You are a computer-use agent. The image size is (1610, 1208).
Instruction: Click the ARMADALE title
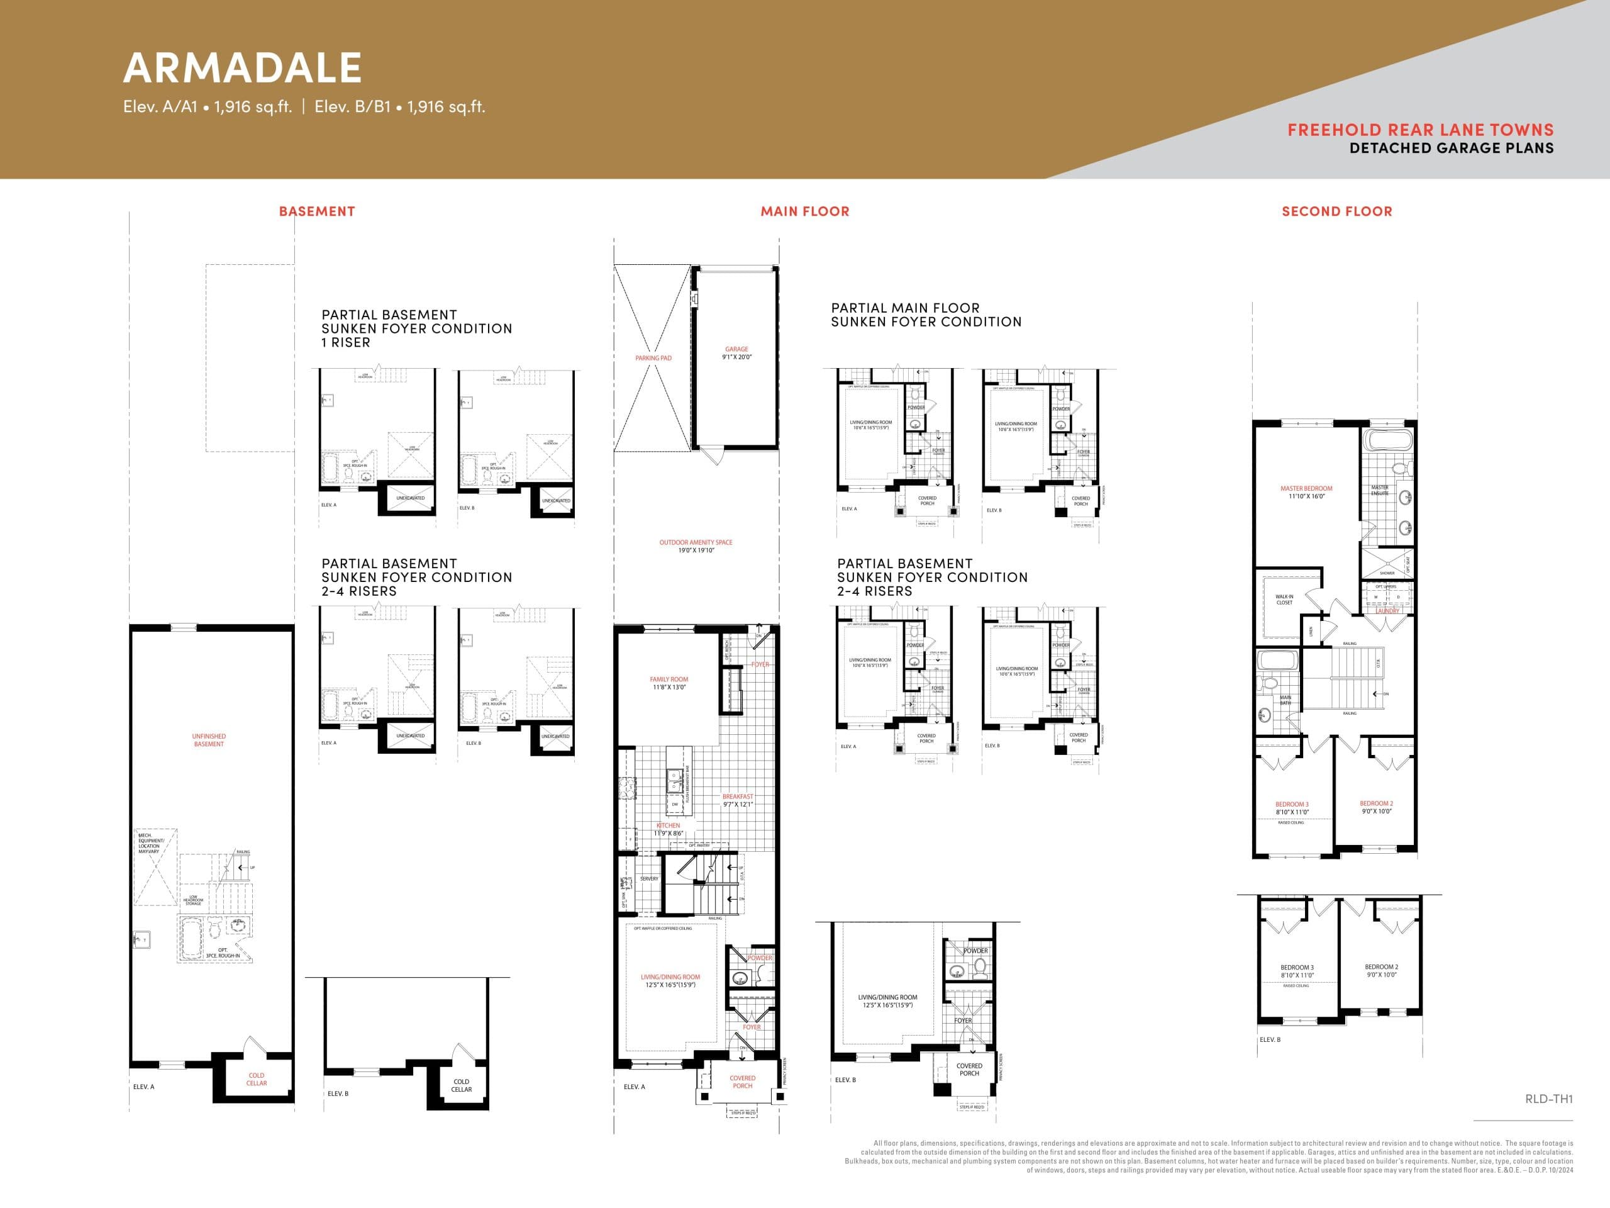(x=242, y=68)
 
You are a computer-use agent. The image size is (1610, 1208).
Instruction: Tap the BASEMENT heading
(x=316, y=211)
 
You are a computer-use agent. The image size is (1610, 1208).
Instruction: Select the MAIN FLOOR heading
(x=804, y=211)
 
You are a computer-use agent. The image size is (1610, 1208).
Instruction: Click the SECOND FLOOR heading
(x=1336, y=211)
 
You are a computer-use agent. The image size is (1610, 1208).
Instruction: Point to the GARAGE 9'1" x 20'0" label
(x=736, y=353)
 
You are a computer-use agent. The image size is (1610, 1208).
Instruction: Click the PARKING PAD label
(x=653, y=358)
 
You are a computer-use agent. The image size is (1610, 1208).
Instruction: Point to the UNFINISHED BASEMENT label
(x=209, y=740)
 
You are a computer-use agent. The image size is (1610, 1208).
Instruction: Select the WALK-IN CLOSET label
(x=1284, y=599)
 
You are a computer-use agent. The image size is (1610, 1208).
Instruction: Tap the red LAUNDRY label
(x=1387, y=611)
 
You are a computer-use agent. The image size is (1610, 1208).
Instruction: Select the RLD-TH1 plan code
(x=1549, y=1099)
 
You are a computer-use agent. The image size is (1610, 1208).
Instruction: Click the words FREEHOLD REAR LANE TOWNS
(x=1420, y=130)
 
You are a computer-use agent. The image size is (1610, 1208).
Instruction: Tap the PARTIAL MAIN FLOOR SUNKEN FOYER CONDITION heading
(x=926, y=315)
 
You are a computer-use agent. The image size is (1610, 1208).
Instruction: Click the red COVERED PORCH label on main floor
(x=742, y=1082)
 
